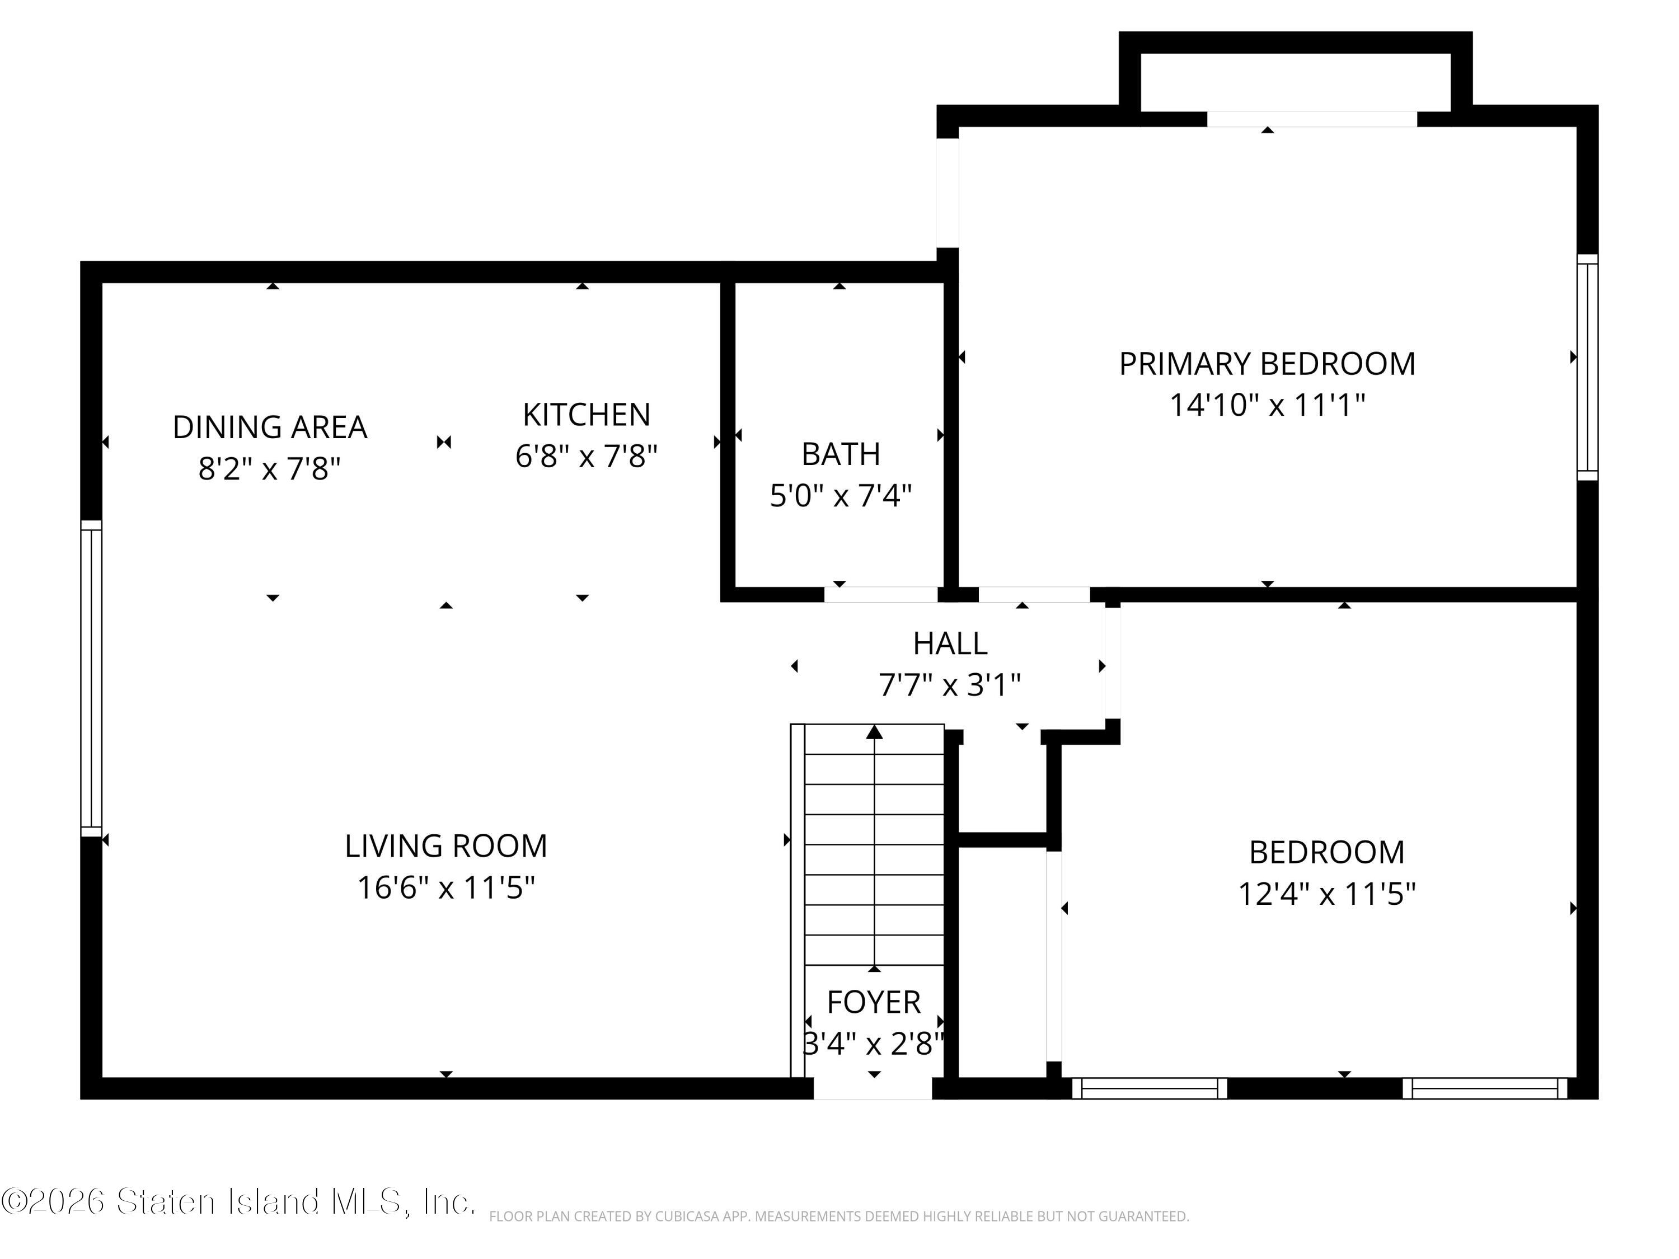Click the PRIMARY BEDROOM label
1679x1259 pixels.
click(1267, 364)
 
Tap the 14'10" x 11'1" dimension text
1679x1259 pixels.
click(1267, 405)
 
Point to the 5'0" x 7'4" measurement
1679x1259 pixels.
click(840, 496)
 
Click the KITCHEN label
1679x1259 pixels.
click(587, 415)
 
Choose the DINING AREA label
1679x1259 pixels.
click(270, 428)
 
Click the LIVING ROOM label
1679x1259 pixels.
click(446, 846)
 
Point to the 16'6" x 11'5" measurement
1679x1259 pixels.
click(446, 887)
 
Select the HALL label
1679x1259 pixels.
click(950, 643)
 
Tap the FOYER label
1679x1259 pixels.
click(874, 1003)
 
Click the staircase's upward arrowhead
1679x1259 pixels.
click(874, 731)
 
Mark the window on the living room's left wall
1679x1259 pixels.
click(91, 678)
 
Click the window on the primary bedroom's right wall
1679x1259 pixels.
click(1588, 367)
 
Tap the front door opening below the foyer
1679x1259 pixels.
click(873, 1088)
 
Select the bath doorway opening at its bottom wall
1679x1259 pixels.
click(881, 594)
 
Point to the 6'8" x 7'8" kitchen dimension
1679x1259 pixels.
click(587, 456)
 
